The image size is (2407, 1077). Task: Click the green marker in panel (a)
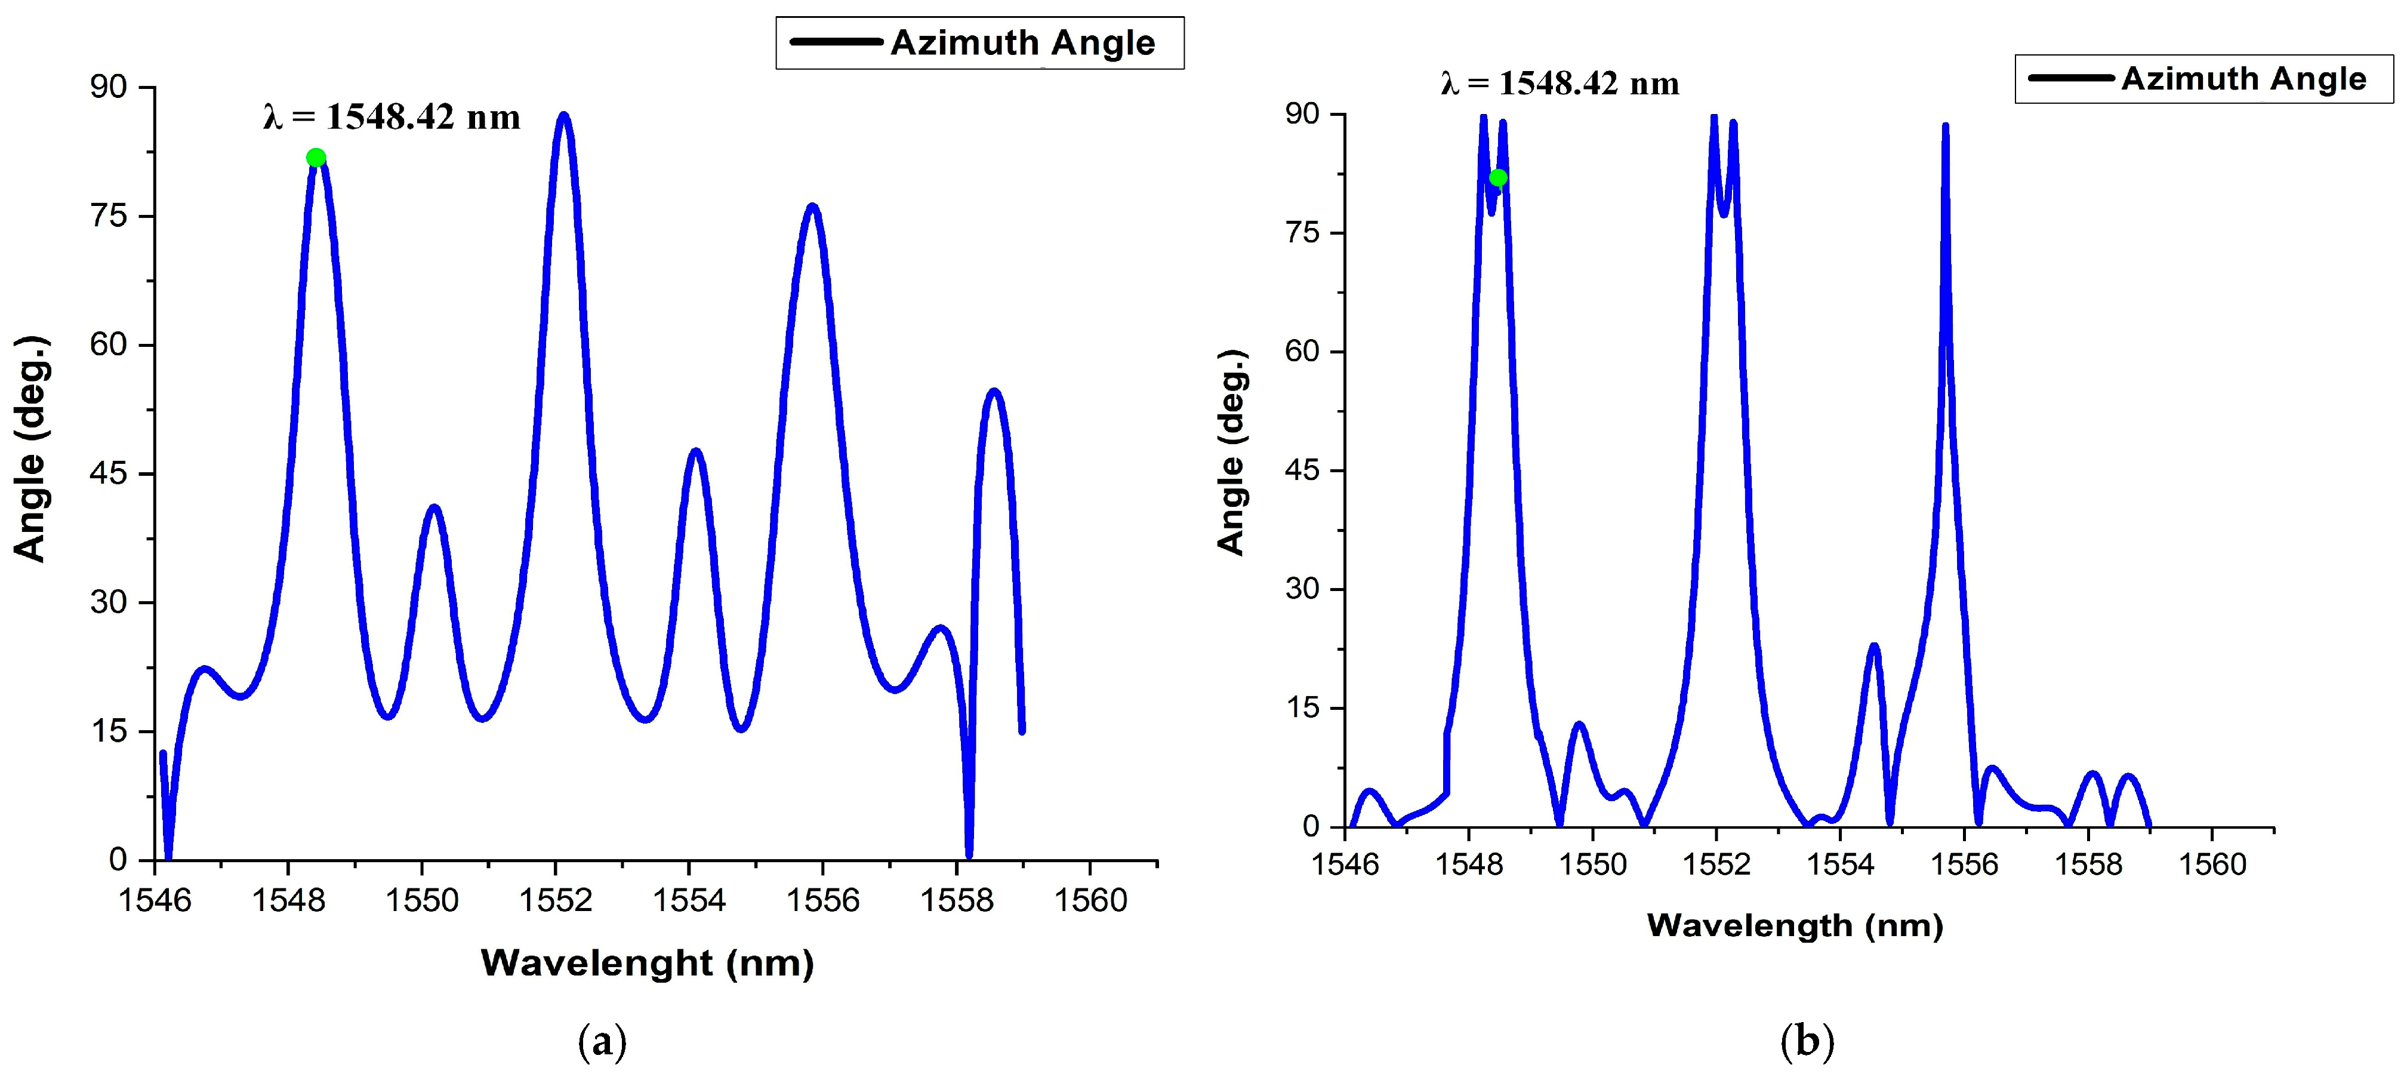pos(316,157)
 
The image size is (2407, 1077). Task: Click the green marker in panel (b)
pos(1498,178)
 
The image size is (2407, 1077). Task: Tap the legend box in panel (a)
pos(979,43)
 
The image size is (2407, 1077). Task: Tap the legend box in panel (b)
pos(2203,79)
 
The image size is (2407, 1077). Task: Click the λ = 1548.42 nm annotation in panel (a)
pos(392,117)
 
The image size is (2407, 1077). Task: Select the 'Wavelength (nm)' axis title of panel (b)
pos(1794,925)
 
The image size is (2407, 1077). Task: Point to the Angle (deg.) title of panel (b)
pos(1231,453)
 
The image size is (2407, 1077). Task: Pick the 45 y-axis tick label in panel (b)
pos(1302,470)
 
